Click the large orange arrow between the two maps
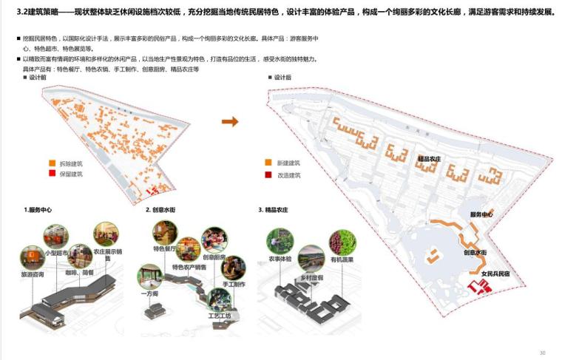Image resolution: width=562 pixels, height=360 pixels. (x=230, y=122)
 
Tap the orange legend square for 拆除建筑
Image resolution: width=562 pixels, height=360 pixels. (x=52, y=163)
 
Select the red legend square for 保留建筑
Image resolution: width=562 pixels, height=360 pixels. (x=52, y=174)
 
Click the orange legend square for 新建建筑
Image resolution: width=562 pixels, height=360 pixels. (x=268, y=163)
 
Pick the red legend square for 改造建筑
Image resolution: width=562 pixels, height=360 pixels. (x=268, y=175)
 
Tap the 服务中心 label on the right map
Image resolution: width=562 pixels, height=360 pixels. (x=481, y=214)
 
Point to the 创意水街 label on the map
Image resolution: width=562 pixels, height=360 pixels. (x=474, y=252)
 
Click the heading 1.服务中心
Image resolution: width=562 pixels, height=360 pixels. (x=38, y=211)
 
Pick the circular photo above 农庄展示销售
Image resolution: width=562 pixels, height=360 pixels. (x=106, y=234)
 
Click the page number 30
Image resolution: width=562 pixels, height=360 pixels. (x=542, y=353)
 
